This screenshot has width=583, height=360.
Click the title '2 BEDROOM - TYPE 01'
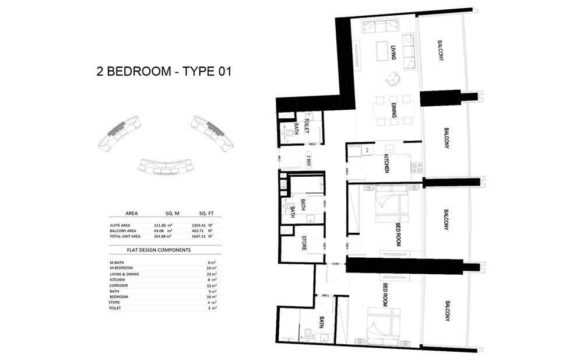[x=164, y=72]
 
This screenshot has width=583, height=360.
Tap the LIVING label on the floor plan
[x=394, y=53]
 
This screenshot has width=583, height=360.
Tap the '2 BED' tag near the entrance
[x=308, y=159]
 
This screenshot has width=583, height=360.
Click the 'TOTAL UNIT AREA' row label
[x=125, y=236]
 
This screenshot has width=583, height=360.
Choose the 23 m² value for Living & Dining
[x=213, y=274]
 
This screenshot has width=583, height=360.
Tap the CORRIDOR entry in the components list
[x=120, y=285]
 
